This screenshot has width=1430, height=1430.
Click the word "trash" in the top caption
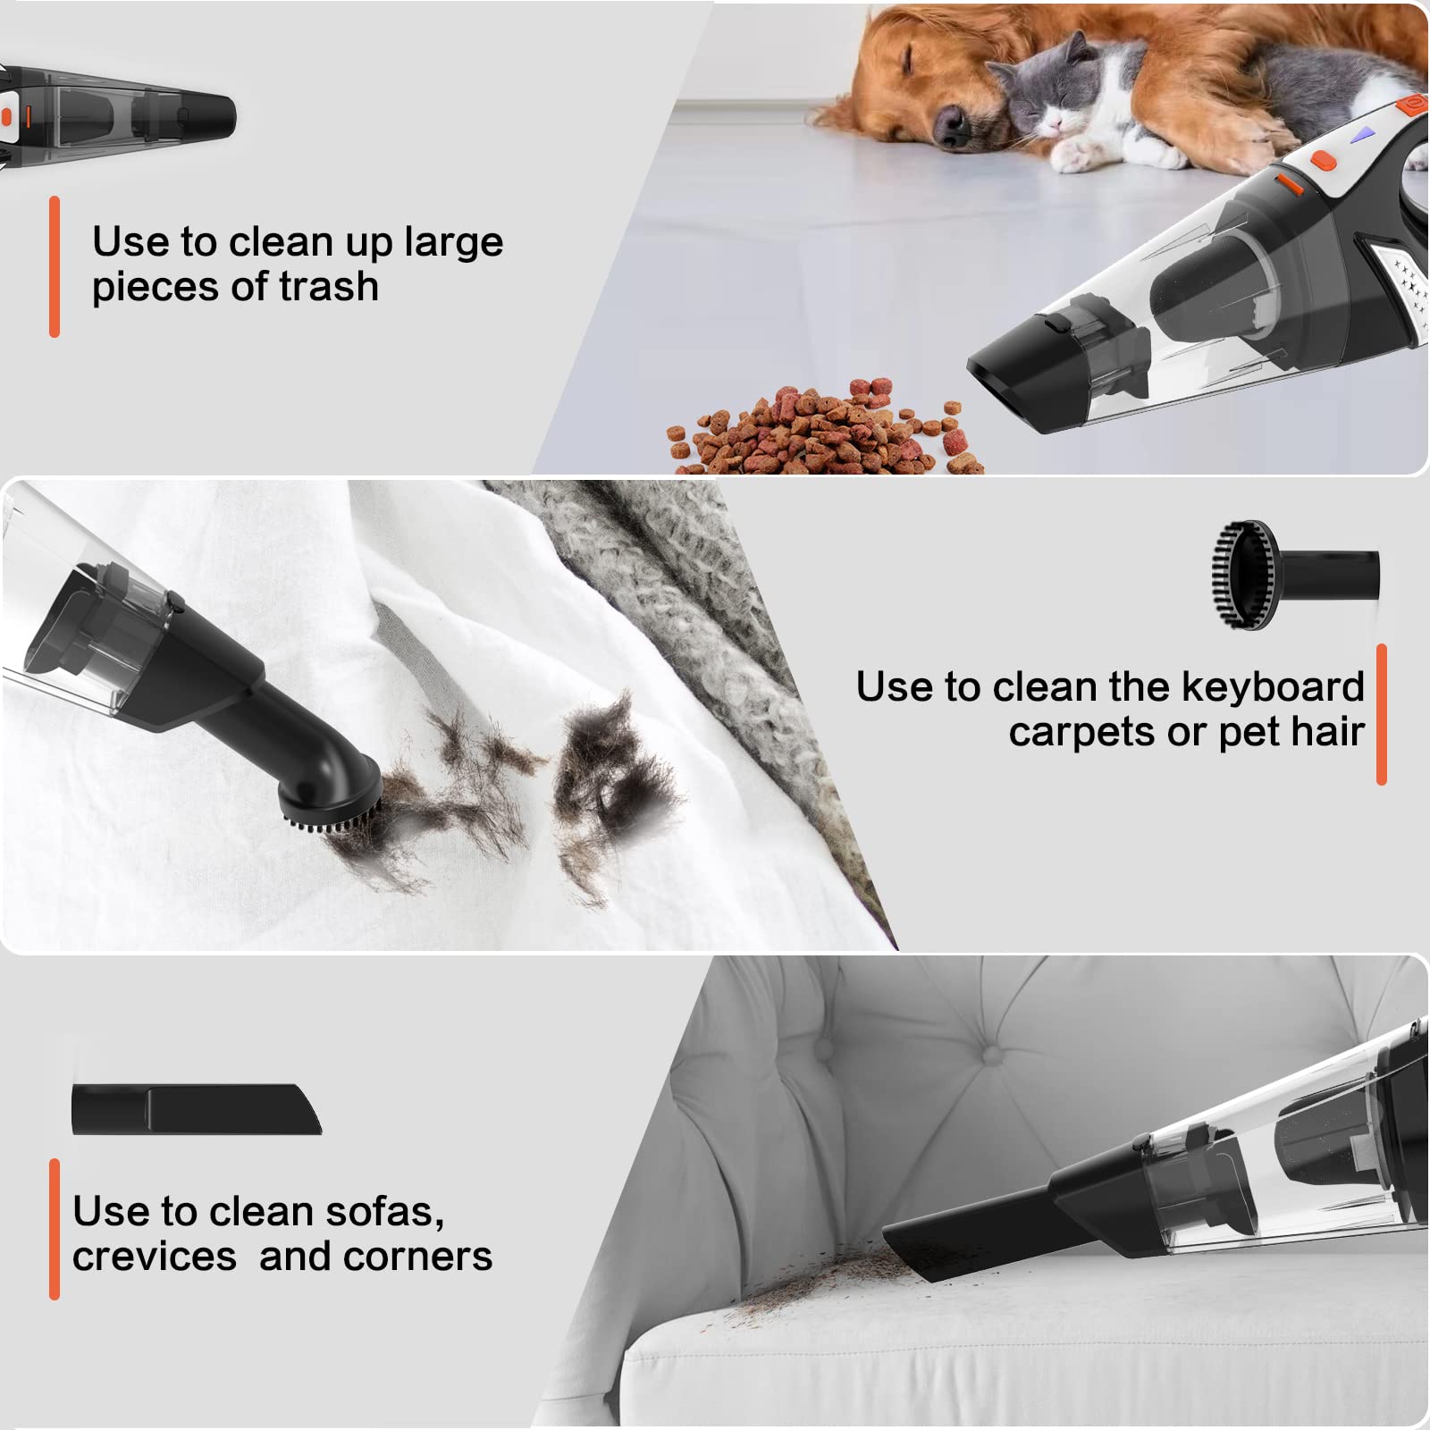coord(329,287)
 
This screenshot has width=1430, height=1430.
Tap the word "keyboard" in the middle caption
coord(1273,686)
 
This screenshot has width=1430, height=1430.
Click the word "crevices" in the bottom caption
coord(155,1257)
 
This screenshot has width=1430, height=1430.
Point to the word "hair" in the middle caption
coord(1327,732)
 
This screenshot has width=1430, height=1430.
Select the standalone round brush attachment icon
coord(1295,576)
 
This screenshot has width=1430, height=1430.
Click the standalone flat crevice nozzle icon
coord(197,1109)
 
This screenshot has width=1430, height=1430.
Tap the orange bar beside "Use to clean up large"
coord(55,266)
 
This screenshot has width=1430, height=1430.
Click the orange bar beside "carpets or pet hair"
coord(1381,714)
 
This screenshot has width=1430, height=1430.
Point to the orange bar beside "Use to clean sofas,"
coord(55,1229)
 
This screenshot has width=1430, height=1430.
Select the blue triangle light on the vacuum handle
coord(1362,135)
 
